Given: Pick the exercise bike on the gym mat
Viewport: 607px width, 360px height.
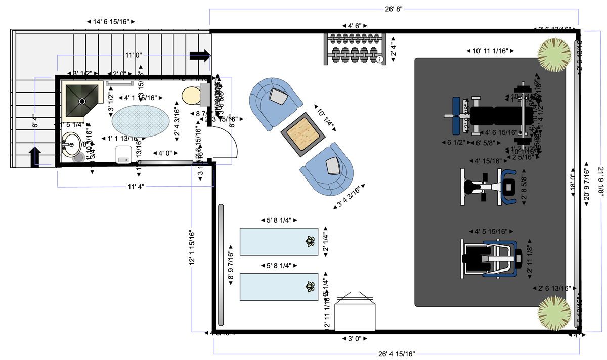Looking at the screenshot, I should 490,187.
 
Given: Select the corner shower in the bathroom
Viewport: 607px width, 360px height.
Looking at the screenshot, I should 82,100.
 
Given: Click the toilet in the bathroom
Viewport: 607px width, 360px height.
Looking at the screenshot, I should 195,95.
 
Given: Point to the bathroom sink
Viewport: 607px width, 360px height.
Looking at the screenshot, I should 71,145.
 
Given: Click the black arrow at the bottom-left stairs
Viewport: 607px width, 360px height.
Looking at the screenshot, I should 36,156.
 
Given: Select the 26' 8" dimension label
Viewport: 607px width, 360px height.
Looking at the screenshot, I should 393,9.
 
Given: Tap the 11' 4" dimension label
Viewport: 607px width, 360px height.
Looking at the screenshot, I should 136,187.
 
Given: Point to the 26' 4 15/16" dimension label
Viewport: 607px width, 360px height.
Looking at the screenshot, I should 396,353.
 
